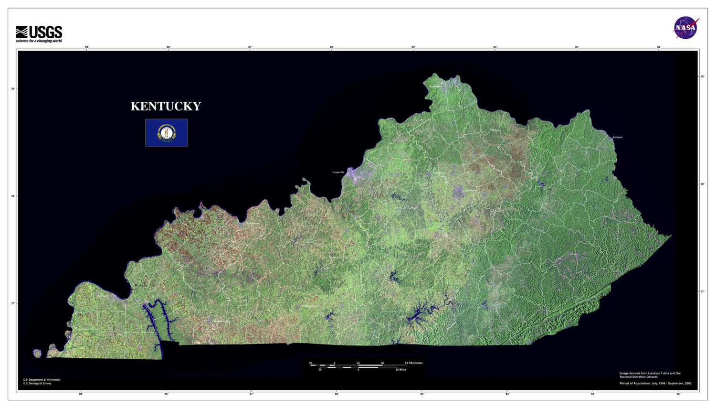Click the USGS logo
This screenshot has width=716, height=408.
click(39, 32)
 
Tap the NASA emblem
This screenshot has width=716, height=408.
click(686, 28)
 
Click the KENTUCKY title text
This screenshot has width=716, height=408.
click(166, 106)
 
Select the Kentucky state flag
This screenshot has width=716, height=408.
click(167, 132)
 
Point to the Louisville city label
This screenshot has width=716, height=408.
click(338, 172)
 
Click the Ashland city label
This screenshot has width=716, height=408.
click(617, 137)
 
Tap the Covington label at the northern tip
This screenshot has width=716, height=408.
click(435, 86)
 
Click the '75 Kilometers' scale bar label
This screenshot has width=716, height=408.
click(413, 363)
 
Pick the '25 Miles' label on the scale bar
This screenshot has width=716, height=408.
click(400, 369)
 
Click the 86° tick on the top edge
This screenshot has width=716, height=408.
click(332, 47)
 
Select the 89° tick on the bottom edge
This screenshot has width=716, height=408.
click(81, 394)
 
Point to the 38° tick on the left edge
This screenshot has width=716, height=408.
click(13, 196)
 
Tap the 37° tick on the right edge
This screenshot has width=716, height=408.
click(702, 291)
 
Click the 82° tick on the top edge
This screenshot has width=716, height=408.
click(659, 47)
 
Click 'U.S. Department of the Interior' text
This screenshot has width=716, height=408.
click(42, 380)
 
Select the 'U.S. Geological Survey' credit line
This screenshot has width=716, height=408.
click(37, 383)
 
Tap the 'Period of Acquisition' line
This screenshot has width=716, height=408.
click(655, 383)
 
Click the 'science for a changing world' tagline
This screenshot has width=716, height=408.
click(39, 41)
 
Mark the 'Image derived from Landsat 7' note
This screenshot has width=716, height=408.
click(650, 374)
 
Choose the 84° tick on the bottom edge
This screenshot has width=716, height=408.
click(507, 394)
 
